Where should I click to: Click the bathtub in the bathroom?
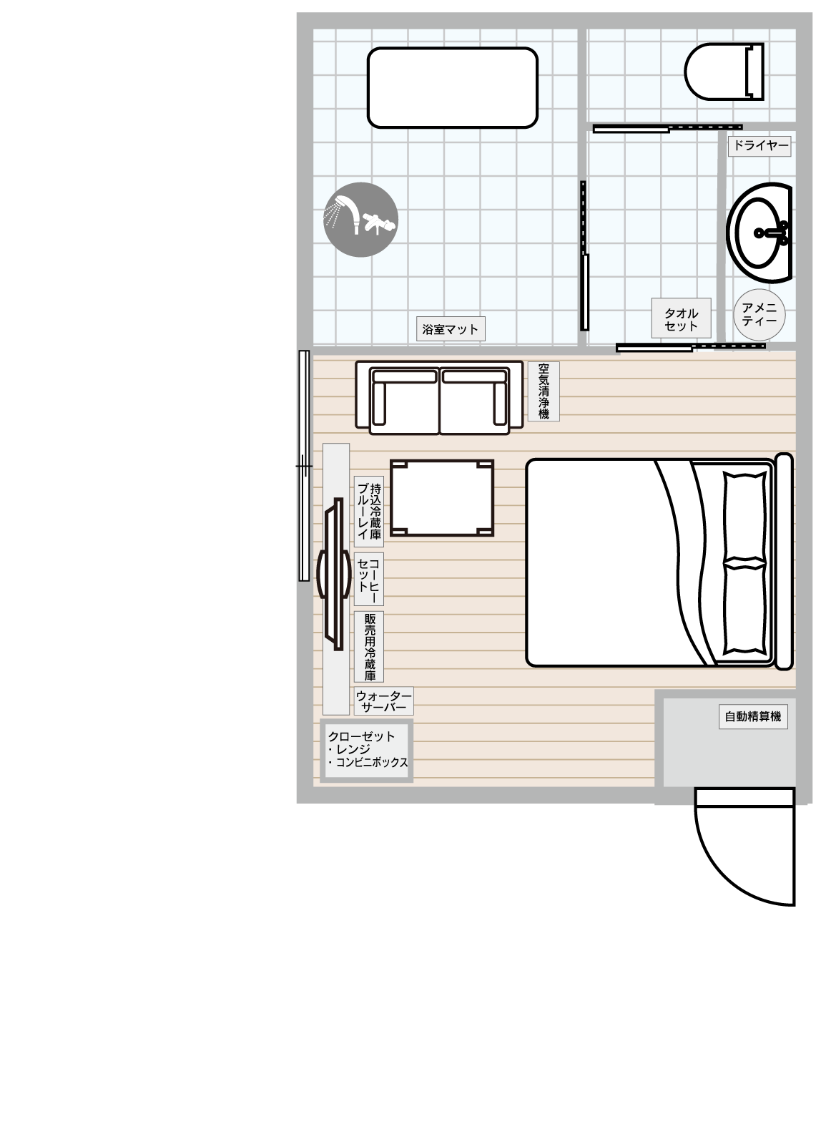tap(452, 87)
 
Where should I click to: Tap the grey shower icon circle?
tap(360, 220)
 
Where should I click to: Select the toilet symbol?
tap(724, 71)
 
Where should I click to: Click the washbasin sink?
tap(759, 233)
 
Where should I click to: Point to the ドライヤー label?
tap(759, 146)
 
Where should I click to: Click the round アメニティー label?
tap(759, 315)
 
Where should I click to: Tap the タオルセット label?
tap(681, 318)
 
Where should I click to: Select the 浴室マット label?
tap(451, 328)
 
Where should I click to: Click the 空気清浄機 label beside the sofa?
tap(544, 391)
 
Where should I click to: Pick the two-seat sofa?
tap(439, 398)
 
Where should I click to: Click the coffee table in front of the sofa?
tap(442, 498)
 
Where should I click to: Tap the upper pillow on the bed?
tap(744, 516)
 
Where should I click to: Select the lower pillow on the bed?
tap(744, 608)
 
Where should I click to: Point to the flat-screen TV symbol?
tap(334, 574)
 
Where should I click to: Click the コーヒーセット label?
tap(369, 580)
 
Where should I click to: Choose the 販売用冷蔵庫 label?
tap(369, 647)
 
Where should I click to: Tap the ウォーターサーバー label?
tap(384, 701)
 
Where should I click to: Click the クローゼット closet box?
tap(366, 751)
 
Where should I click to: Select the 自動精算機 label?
tap(753, 716)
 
